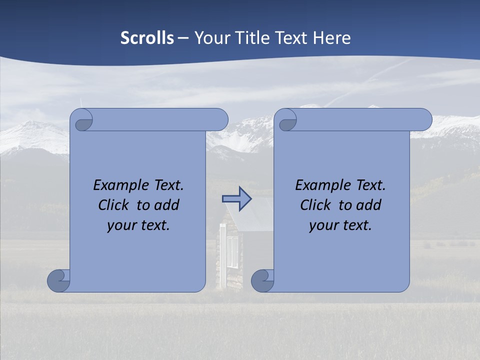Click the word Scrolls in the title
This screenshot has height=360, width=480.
[x=147, y=38]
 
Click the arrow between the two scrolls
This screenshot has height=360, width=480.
[x=236, y=199]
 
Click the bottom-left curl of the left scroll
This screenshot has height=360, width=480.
[x=58, y=280]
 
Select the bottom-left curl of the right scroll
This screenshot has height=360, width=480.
[x=262, y=280]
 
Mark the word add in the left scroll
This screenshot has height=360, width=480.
[x=166, y=205]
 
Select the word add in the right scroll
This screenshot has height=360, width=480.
[x=368, y=205]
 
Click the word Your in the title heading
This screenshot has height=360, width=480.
[x=210, y=38]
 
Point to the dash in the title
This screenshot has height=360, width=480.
[x=183, y=38]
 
